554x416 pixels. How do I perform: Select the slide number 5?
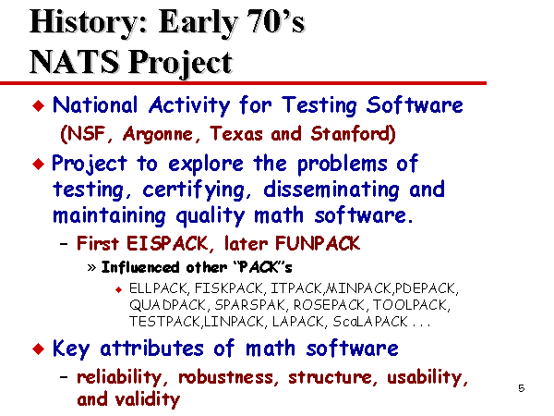tap(522, 388)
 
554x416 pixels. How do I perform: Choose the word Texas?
tap(236, 134)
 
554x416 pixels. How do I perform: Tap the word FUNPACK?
tap(318, 243)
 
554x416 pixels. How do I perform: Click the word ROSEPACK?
tap(330, 305)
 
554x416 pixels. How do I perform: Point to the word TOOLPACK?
tap(410, 305)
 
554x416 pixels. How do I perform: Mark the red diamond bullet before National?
tap(38, 105)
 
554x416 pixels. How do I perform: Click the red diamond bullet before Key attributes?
tap(38, 349)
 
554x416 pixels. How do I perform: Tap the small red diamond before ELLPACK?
tap(119, 289)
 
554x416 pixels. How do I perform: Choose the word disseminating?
tap(331, 190)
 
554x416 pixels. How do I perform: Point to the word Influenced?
tap(140, 267)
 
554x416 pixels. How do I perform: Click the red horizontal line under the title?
tap(243, 83)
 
